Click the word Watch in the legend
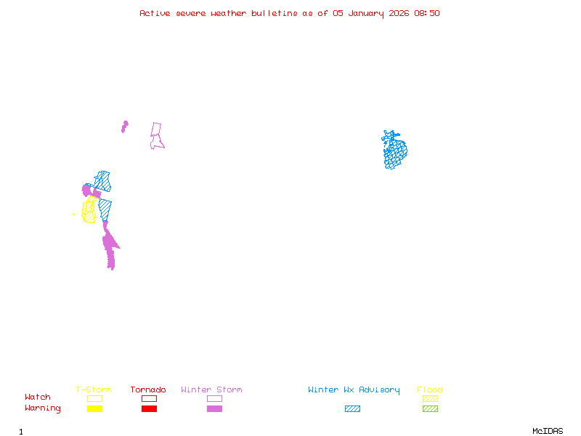pyautogui.click(x=38, y=397)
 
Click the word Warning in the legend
pyautogui.click(x=42, y=408)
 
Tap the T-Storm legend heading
pyautogui.click(x=94, y=390)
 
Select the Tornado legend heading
pyautogui.click(x=148, y=390)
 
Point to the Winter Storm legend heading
pyautogui.click(x=211, y=390)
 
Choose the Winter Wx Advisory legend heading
pyautogui.click(x=354, y=390)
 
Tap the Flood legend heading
pyautogui.click(x=430, y=390)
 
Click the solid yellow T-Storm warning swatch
pyautogui.click(x=94, y=409)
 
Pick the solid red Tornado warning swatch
pyautogui.click(x=149, y=409)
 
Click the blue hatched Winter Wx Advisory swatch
pyautogui.click(x=352, y=409)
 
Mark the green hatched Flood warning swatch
pyautogui.click(x=430, y=409)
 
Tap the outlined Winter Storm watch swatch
pyautogui.click(x=214, y=398)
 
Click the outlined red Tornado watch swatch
pyautogui.click(x=149, y=398)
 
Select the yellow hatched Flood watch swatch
pyautogui.click(x=430, y=398)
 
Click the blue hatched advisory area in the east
pyautogui.click(x=395, y=151)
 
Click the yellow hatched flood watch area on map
pyautogui.click(x=89, y=211)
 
